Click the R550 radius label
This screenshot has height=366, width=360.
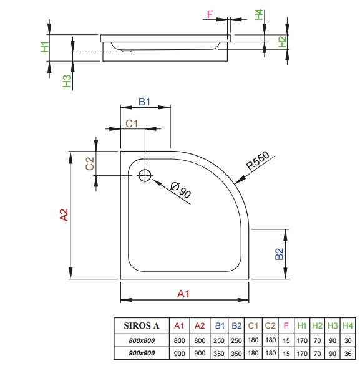(258, 160)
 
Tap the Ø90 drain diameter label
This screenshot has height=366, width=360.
(180, 190)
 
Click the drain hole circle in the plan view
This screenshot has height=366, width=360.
(145, 175)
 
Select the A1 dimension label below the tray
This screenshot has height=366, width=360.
(183, 294)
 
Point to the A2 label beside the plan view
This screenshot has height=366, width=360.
(64, 214)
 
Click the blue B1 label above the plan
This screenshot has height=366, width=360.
(144, 102)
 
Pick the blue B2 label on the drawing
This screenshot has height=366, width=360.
(280, 254)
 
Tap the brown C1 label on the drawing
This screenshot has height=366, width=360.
(132, 123)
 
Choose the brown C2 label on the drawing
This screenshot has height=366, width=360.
(89, 163)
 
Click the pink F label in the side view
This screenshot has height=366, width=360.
(210, 14)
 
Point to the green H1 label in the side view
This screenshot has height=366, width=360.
(45, 47)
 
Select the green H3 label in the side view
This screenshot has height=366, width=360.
(67, 81)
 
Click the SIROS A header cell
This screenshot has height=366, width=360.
(142, 325)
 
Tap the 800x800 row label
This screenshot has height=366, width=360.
(142, 340)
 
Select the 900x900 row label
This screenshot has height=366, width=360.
(142, 353)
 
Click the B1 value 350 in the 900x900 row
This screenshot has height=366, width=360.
(219, 354)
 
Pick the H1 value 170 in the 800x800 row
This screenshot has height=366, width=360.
(302, 341)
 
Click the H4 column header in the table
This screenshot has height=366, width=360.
(348, 325)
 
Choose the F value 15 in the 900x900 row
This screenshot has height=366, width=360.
(286, 354)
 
